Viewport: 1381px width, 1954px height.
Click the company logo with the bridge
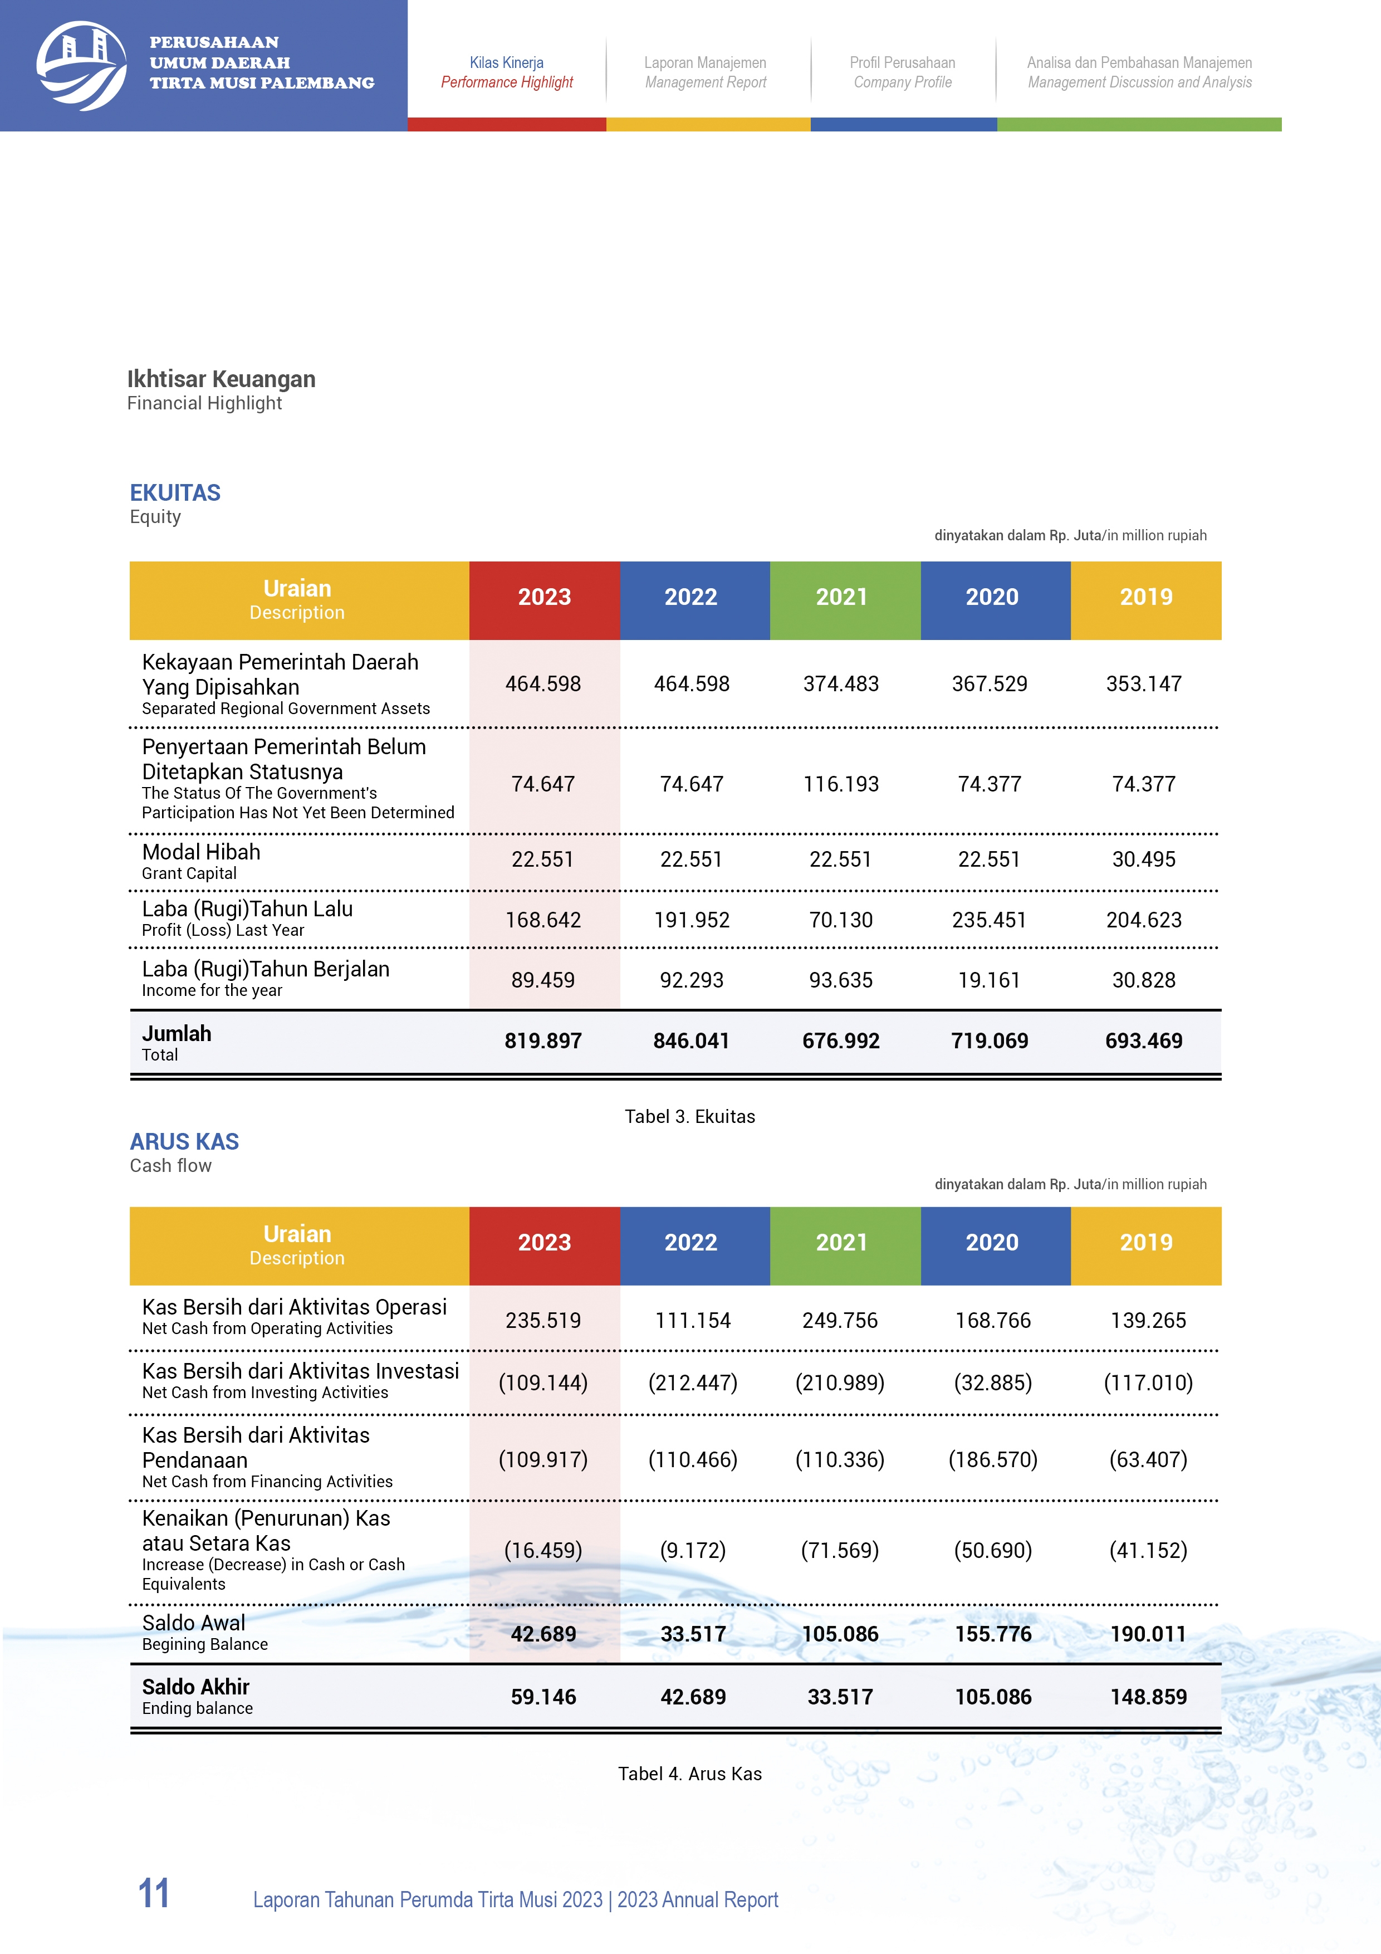pos(82,66)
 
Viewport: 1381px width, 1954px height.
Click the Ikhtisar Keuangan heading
pos(221,379)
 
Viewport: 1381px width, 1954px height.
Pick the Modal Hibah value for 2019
pos(1144,859)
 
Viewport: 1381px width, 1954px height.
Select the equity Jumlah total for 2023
pos(543,1041)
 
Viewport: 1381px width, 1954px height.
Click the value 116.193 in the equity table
pos(841,784)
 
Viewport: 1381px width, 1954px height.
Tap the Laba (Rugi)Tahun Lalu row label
pos(247,910)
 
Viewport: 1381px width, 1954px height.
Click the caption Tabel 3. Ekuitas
pos(689,1117)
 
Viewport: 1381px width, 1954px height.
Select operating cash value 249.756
pos(840,1321)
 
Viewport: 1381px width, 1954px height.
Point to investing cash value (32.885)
pos(992,1383)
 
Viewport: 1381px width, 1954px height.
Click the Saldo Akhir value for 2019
pos(1148,1697)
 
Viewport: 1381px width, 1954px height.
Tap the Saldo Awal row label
pos(193,1623)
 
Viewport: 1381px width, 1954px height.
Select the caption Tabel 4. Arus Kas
pos(689,1774)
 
